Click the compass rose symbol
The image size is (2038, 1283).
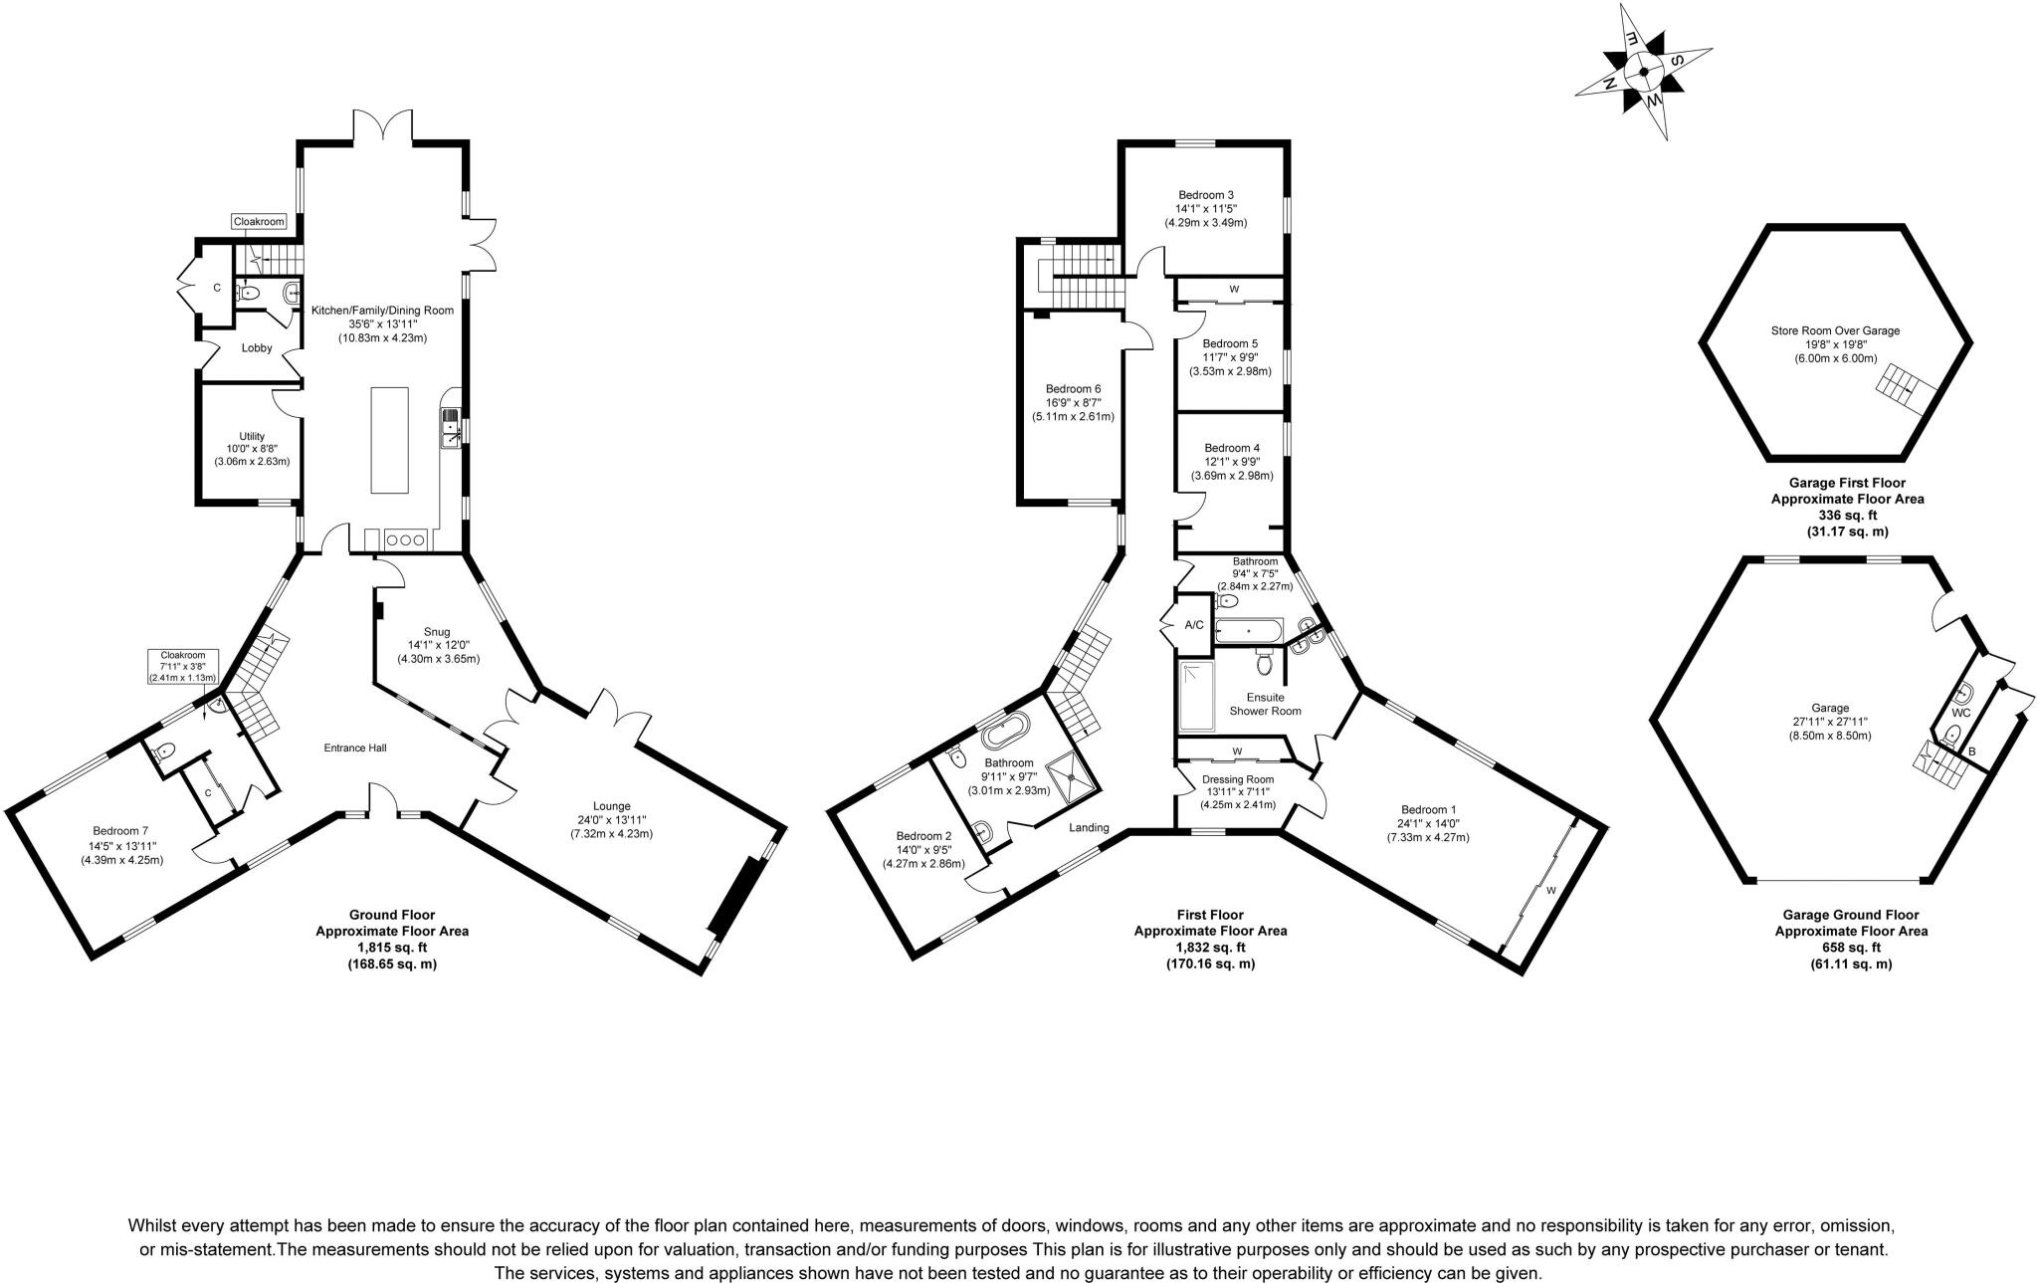1643,70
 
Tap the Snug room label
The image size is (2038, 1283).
437,632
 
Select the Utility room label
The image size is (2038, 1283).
252,436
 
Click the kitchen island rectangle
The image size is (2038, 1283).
389,440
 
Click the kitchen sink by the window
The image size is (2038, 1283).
451,428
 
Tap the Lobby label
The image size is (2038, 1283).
257,348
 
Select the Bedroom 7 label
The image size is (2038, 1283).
120,831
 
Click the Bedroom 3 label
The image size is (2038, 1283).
1206,195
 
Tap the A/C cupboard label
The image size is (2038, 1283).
1194,625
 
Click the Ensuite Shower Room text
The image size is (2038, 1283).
1265,704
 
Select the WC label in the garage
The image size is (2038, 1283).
1960,713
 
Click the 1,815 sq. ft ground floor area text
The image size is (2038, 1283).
392,948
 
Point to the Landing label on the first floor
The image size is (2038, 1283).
1090,827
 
